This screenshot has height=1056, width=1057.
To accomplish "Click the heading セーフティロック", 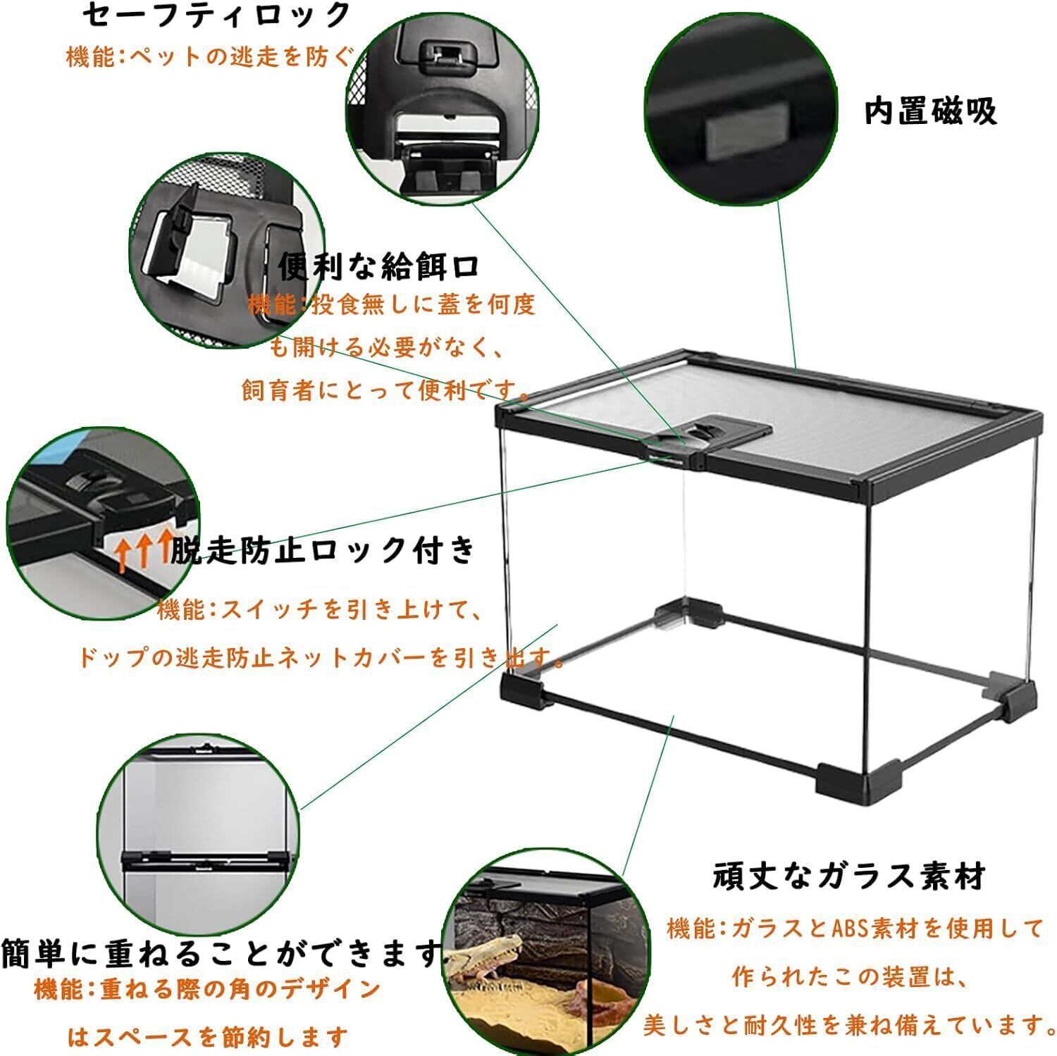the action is click(216, 16).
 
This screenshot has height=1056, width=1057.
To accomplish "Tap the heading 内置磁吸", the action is click(930, 112).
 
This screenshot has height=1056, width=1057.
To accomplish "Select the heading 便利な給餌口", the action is click(378, 266).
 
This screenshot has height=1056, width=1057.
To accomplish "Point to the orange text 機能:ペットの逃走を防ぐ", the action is click(209, 56).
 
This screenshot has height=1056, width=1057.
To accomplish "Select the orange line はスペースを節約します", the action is click(209, 1036).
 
